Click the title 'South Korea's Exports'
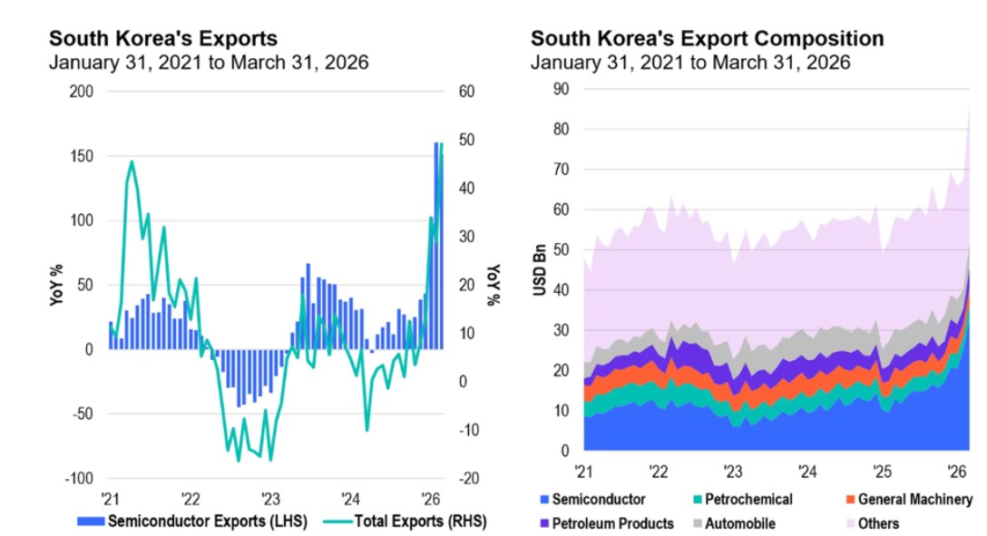[x=163, y=39]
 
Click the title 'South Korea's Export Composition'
[x=707, y=39]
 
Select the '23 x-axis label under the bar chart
[x=270, y=498]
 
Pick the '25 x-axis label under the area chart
[x=881, y=472]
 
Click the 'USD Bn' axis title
[x=539, y=269]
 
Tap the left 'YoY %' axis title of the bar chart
[x=55, y=285]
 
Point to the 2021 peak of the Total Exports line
[x=132, y=162]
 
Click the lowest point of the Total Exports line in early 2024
[x=367, y=430]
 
